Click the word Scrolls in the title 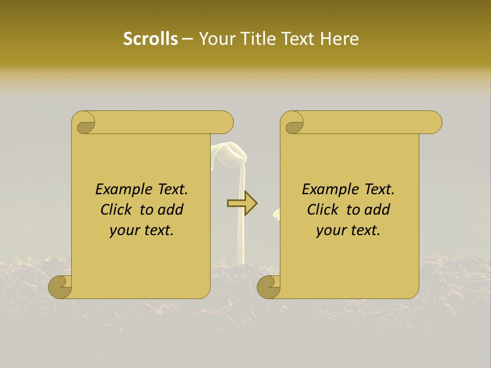150,39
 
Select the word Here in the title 340,39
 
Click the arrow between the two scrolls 242,203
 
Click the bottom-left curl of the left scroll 60,286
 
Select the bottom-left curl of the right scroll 269,286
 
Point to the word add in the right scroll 378,210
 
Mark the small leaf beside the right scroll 277,214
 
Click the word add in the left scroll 171,210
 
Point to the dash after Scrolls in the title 187,39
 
